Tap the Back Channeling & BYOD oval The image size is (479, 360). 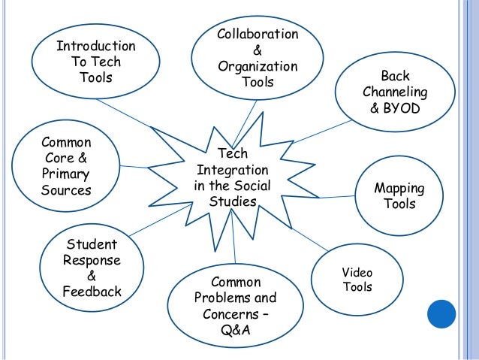(394, 92)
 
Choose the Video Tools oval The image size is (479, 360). (357, 279)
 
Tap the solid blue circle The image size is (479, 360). (441, 315)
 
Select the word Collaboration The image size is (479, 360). (258, 35)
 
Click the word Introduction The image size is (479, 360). (96, 47)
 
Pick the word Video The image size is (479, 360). (357, 272)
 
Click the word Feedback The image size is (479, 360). (92, 292)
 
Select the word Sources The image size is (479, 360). (66, 190)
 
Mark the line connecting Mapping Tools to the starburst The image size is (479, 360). (338, 198)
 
